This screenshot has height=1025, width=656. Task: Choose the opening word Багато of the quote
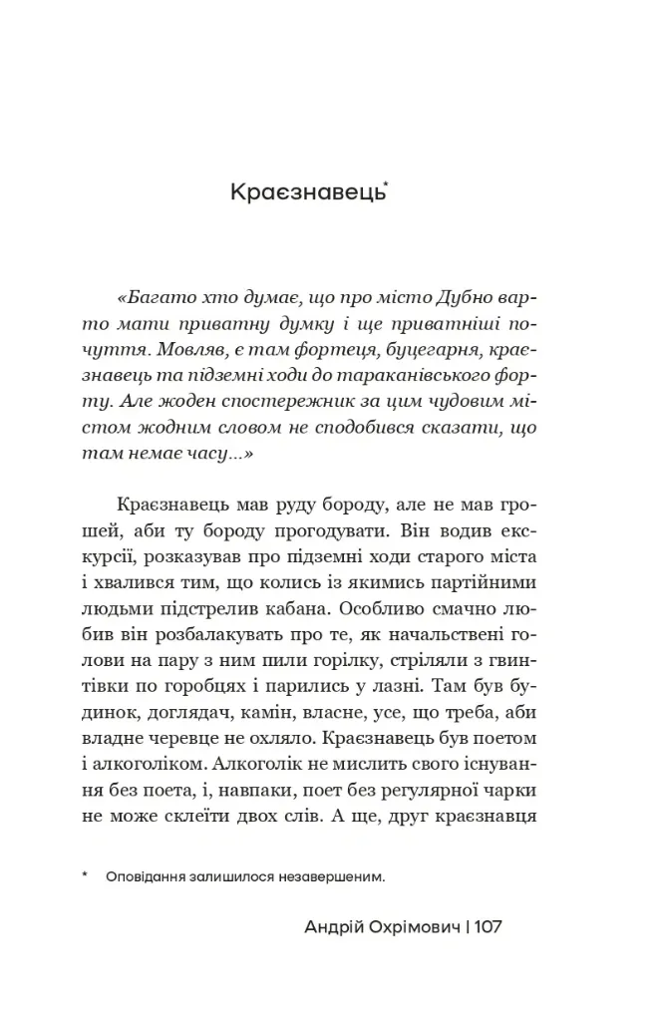point(158,297)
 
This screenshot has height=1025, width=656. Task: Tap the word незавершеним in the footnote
point(336,877)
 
